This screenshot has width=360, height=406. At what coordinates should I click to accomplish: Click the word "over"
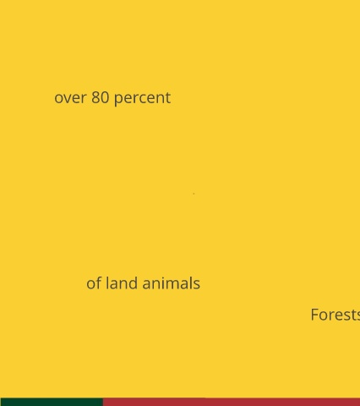click(x=70, y=98)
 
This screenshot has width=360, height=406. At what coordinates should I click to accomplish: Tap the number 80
click(x=101, y=97)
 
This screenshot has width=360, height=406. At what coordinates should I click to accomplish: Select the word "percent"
click(x=143, y=98)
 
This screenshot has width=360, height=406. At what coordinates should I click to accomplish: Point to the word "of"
click(x=94, y=283)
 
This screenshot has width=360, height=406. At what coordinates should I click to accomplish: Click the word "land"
click(x=122, y=283)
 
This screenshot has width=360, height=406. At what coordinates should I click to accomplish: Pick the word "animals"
click(x=172, y=283)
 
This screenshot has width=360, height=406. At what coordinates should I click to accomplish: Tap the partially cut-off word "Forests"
click(x=335, y=315)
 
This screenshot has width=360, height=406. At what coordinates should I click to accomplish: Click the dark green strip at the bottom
click(x=52, y=402)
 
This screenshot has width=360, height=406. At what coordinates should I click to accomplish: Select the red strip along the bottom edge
click(x=232, y=402)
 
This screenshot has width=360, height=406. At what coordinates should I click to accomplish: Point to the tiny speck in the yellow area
click(x=194, y=194)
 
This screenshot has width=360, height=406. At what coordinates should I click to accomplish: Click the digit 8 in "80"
click(x=95, y=97)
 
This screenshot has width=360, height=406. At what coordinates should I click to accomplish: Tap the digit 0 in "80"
click(x=105, y=97)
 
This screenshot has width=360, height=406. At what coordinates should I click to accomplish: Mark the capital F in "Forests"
click(x=314, y=315)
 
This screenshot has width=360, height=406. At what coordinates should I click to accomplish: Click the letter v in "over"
click(x=68, y=99)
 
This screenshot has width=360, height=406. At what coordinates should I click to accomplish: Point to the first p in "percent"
click(x=118, y=101)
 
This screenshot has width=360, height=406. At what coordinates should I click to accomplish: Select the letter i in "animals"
click(x=161, y=283)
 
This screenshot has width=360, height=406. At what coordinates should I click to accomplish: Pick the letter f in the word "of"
click(x=98, y=283)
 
